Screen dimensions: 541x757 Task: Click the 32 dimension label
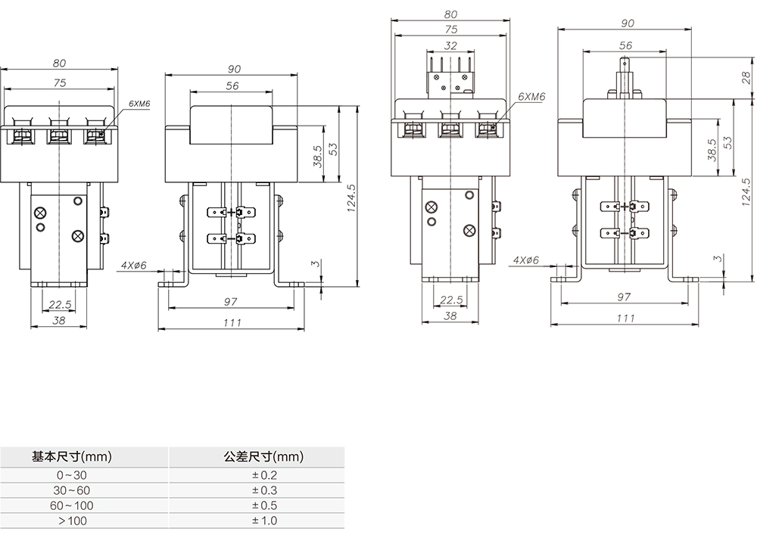pyautogui.click(x=451, y=46)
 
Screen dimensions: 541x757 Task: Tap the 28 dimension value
pyautogui.click(x=746, y=77)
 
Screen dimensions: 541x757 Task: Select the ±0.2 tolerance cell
pyautogui.click(x=264, y=475)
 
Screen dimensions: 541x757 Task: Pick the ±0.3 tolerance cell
pyautogui.click(x=264, y=490)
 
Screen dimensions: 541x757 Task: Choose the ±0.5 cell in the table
pyautogui.click(x=264, y=505)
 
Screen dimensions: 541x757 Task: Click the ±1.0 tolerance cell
pyautogui.click(x=264, y=521)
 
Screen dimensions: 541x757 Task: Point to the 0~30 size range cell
pyautogui.click(x=72, y=475)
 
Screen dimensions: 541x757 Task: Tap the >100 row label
pyautogui.click(x=72, y=521)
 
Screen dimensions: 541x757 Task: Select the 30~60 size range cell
pyautogui.click(x=72, y=490)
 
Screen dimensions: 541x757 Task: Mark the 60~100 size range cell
pyautogui.click(x=72, y=505)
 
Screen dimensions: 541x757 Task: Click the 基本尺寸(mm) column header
pyautogui.click(x=72, y=457)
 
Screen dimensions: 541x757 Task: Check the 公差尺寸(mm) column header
pyautogui.click(x=263, y=457)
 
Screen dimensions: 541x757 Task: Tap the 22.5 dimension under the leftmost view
pyautogui.click(x=60, y=305)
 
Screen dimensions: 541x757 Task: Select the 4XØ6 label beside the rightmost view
pyautogui.click(x=525, y=260)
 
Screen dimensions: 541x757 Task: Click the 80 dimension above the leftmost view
pyautogui.click(x=60, y=63)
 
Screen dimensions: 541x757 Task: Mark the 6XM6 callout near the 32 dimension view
pyautogui.click(x=531, y=98)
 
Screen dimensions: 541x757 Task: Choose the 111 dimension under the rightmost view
pyautogui.click(x=625, y=319)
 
